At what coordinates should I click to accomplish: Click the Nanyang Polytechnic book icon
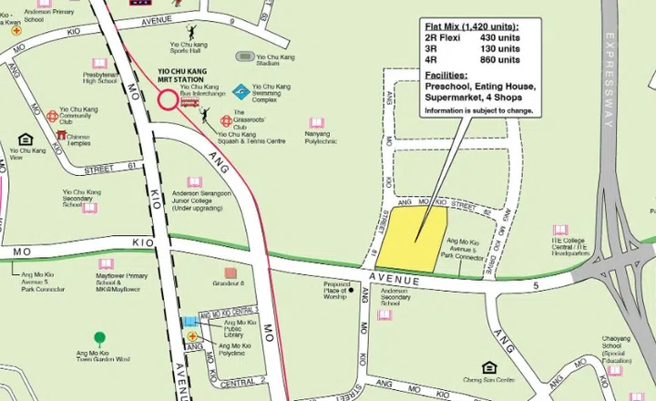click(x=316, y=123)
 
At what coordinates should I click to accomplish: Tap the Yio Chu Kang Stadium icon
click(x=244, y=57)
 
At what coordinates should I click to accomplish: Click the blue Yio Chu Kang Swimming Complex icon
click(x=241, y=91)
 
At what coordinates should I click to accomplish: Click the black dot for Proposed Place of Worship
click(x=351, y=291)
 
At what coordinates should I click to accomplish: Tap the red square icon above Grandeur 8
click(x=231, y=272)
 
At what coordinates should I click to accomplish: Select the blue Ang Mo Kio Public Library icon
click(x=190, y=323)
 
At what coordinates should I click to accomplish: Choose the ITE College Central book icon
click(x=559, y=231)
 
